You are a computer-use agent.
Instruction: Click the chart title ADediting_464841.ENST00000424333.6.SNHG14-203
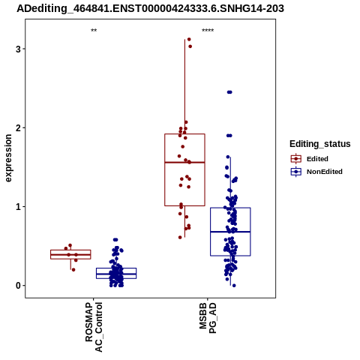[150, 9]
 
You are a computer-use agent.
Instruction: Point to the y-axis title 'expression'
[8, 158]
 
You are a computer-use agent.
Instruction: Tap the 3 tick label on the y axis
[18, 49]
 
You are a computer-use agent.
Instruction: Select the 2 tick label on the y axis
[18, 128]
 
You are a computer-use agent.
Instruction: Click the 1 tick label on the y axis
[18, 207]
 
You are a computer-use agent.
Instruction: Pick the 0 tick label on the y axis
[18, 286]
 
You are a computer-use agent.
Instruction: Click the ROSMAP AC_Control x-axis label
[94, 327]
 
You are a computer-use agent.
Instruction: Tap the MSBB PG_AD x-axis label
[208, 318]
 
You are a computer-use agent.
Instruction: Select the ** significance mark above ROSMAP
[94, 31]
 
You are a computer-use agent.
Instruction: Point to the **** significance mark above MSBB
[208, 31]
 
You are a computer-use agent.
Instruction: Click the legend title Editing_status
[320, 144]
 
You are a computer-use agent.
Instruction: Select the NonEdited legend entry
[316, 172]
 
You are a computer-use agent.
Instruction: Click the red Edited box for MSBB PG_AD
[165, 170]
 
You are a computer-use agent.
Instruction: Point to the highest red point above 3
[189, 39]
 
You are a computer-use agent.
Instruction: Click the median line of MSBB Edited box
[184, 163]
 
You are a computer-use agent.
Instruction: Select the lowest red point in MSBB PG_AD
[180, 237]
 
